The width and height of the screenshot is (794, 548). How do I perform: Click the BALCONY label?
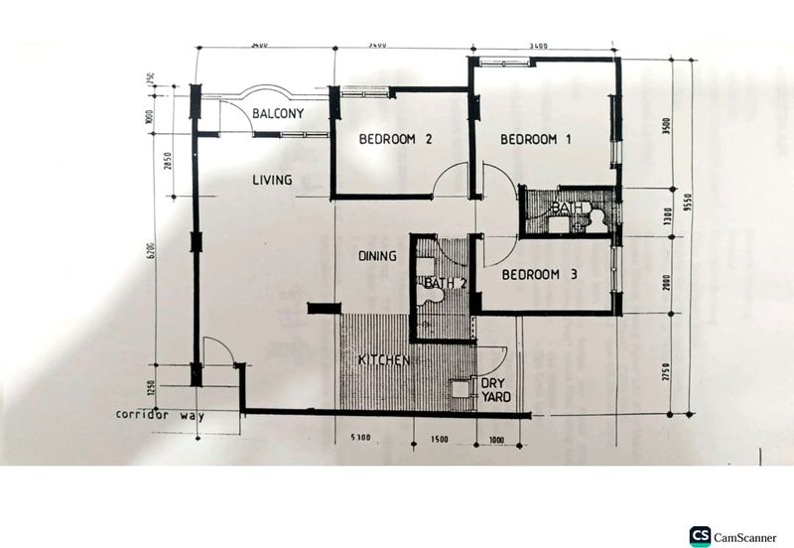coord(277,114)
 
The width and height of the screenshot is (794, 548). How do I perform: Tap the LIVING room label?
coord(271,180)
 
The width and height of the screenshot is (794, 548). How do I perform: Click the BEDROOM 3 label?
coord(539,275)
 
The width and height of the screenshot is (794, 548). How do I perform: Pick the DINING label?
coord(377,256)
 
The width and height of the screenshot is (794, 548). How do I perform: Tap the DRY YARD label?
coord(495,390)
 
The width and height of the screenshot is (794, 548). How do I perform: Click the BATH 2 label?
coord(445,284)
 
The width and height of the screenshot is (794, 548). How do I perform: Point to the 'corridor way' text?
coord(159,415)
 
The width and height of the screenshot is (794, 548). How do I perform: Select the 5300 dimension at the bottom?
coord(359,438)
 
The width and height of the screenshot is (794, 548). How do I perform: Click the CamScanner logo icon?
coord(701,536)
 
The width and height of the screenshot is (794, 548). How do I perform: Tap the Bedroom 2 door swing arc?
coord(452,179)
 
